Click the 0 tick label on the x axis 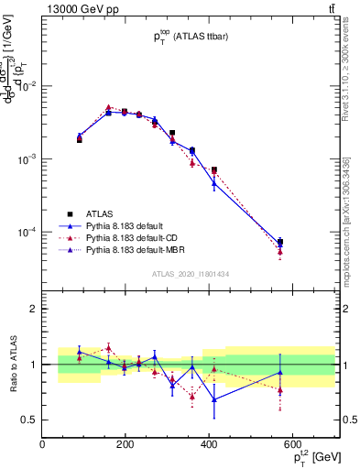pos(42,445)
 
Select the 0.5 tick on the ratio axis pos(27,420)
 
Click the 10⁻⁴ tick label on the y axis pos(24,233)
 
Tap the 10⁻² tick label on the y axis pos(24,85)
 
